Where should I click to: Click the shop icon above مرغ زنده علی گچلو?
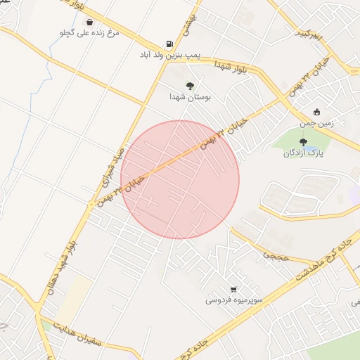91,21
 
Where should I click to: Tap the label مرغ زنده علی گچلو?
91,33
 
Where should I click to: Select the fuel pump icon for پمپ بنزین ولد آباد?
169,42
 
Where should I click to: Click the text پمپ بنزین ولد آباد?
169,53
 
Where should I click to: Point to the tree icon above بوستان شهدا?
190,85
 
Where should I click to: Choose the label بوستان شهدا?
190,97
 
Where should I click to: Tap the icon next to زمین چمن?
316,111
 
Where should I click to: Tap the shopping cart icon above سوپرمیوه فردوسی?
233,288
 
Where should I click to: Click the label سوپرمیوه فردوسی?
233,300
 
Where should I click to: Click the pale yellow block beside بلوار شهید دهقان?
79,295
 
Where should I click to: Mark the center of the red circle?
180,180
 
